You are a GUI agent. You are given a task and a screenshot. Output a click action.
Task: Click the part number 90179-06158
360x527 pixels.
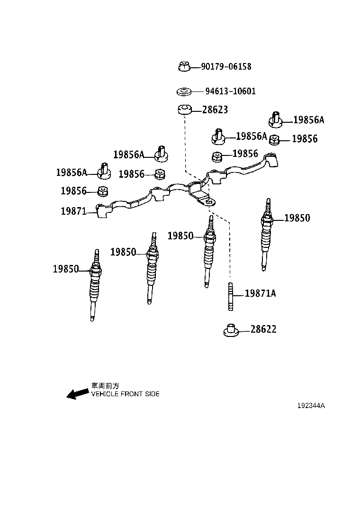[226, 67]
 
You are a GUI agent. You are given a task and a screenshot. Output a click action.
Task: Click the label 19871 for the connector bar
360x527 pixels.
[73, 211]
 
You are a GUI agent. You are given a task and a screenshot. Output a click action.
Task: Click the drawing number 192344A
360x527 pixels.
[311, 406]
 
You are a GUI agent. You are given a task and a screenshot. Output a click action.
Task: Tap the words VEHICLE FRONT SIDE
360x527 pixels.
[125, 394]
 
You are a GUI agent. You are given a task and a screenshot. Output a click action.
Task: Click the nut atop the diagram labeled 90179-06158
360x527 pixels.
[184, 67]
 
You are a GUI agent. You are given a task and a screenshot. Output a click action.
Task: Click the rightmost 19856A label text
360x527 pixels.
[308, 120]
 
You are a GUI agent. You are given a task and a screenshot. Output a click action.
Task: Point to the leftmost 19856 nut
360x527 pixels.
[102, 191]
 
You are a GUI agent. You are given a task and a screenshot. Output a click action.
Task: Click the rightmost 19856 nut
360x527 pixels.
[275, 139]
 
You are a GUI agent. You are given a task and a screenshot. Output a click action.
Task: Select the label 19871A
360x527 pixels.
[260, 294]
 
